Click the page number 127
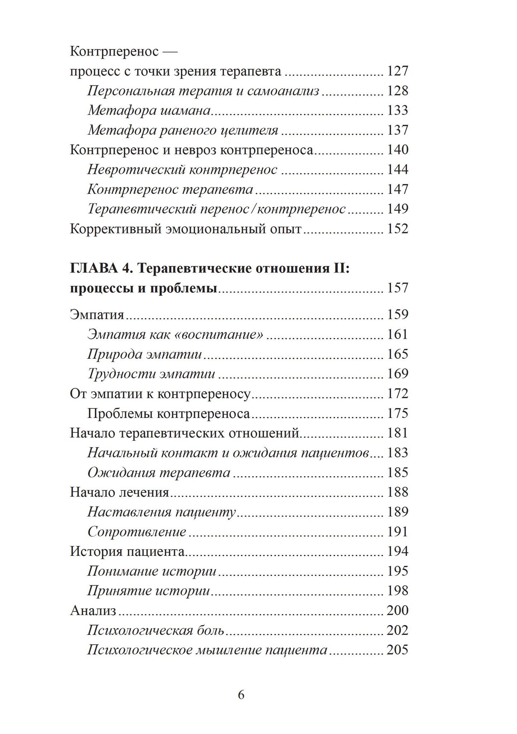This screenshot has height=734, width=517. [397, 71]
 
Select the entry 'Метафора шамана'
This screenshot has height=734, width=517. [149, 110]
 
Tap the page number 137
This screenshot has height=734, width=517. [397, 130]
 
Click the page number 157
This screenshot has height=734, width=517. [397, 288]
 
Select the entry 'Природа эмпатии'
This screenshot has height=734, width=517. [145, 354]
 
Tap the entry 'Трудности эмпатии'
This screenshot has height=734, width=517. [151, 374]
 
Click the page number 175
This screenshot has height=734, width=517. [397, 413]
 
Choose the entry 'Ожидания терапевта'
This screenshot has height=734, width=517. [159, 472]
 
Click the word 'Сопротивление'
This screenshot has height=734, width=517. [137, 532]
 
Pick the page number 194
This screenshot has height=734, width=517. [397, 551]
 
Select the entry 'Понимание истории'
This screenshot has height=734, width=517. [152, 571]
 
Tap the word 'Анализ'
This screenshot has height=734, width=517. [93, 610]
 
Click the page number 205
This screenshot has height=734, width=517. [397, 650]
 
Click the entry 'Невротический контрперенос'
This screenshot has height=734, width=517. [182, 170]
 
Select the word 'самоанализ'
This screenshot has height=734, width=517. [283, 91]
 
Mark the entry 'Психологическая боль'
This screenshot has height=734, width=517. [156, 630]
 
